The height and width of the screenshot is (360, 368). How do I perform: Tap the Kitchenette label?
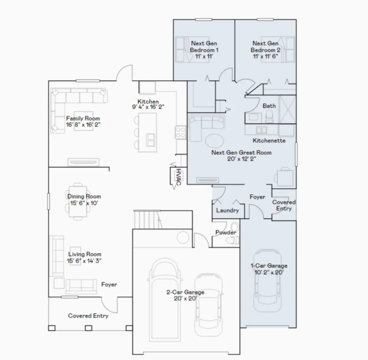[x=269, y=140]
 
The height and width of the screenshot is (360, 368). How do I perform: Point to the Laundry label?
[x=227, y=210]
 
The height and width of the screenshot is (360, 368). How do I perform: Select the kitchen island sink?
[x=151, y=140]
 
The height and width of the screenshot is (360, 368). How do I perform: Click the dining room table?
[x=78, y=201]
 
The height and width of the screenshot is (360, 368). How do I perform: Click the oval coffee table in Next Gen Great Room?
[x=215, y=141]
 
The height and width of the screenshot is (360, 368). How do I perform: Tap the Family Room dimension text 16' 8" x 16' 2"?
[x=83, y=125]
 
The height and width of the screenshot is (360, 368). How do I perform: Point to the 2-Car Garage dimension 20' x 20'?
[x=185, y=298]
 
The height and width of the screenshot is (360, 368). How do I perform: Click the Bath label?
[x=269, y=106]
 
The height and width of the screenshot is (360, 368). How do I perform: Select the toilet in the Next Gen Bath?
[x=269, y=115]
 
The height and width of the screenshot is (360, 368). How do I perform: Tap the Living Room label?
[x=85, y=254]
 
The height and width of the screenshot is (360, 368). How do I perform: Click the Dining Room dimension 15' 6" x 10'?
[x=84, y=203]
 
